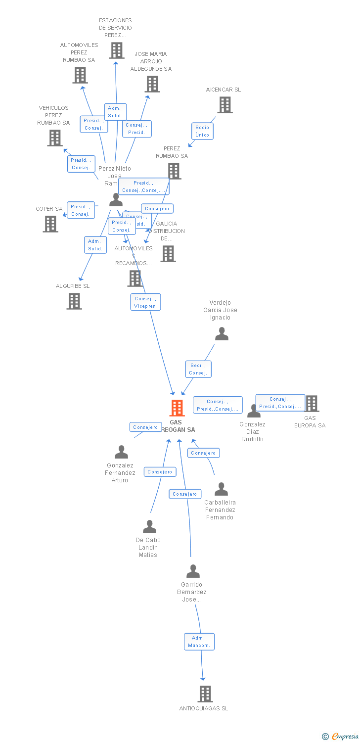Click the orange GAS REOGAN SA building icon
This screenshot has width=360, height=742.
pyautogui.click(x=177, y=408)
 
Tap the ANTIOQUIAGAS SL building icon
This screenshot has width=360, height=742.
pyautogui.click(x=205, y=694)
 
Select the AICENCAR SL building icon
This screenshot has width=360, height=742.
pyautogui.click(x=225, y=105)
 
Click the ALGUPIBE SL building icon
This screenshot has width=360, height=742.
pyautogui.click(x=74, y=301)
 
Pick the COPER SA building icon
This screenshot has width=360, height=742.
pyautogui.click(x=50, y=224)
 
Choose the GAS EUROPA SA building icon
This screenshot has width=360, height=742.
pyautogui.click(x=312, y=404)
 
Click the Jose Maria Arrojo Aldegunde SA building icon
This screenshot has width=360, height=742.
pyautogui.click(x=152, y=84)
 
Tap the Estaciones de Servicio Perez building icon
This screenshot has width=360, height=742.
pyautogui.click(x=117, y=50)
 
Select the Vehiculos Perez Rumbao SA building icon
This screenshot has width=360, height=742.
pyautogui.click(x=55, y=138)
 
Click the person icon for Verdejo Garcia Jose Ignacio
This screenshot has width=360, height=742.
pyautogui.click(x=222, y=334)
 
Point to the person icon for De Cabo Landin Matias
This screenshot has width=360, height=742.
pyautogui.click(x=149, y=527)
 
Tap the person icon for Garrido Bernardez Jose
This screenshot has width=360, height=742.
pyautogui.click(x=193, y=571)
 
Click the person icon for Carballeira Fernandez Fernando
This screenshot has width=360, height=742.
pyautogui.click(x=221, y=489)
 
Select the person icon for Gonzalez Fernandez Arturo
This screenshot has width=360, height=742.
pyautogui.click(x=121, y=452)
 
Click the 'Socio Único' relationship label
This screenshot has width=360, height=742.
pyautogui.click(x=202, y=131)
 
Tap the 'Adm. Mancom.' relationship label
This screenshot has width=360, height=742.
pyautogui.click(x=199, y=642)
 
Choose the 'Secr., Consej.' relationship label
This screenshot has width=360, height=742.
pyautogui.click(x=198, y=369)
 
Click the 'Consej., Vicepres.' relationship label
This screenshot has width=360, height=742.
pyautogui.click(x=145, y=302)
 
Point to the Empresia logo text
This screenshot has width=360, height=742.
pyautogui.click(x=345, y=737)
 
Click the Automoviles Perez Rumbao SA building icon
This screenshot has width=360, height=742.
pyautogui.click(x=80, y=75)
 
